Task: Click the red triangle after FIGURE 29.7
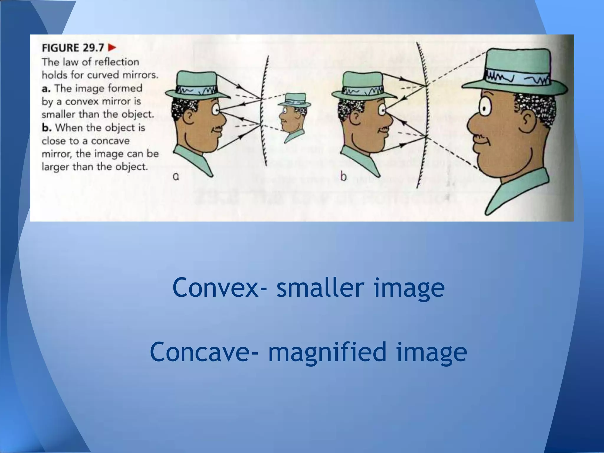point(112,47)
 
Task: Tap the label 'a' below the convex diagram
point(176,177)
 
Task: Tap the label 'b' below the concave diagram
point(343,177)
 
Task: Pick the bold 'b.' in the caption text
point(47,128)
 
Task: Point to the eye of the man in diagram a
point(218,110)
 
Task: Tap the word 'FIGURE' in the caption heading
point(60,48)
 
